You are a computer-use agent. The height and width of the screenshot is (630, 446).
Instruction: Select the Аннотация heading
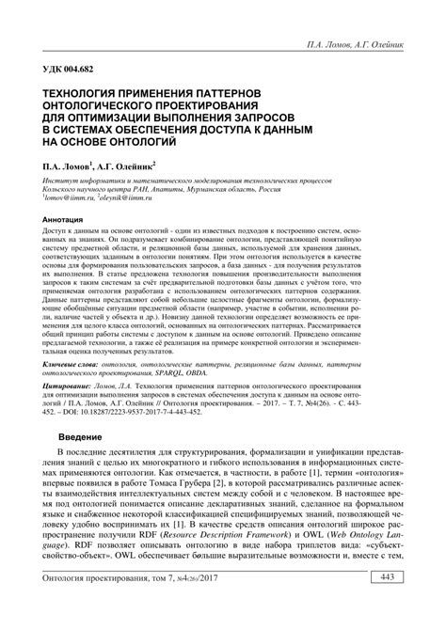coord(61,218)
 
